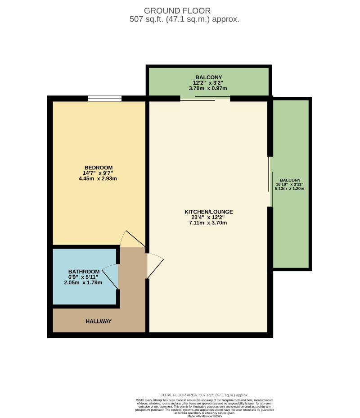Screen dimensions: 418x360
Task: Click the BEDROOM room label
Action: click(x=98, y=168)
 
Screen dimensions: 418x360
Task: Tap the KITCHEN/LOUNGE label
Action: click(x=208, y=212)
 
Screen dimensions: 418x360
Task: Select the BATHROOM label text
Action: click(x=83, y=272)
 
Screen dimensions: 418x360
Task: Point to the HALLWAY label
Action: click(x=99, y=321)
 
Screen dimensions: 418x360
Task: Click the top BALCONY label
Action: click(x=208, y=77)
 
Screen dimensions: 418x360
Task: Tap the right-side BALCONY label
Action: click(x=290, y=180)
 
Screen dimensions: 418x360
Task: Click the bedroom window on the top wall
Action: click(x=105, y=98)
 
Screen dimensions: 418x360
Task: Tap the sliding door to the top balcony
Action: click(x=205, y=99)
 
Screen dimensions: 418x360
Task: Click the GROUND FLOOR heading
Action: click(x=177, y=10)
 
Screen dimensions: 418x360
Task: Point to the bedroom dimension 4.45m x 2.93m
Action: click(x=98, y=178)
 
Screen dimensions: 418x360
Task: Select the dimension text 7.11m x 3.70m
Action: click(x=208, y=223)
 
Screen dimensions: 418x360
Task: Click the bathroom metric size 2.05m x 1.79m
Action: click(x=83, y=282)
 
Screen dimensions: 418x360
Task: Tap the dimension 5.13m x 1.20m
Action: click(x=290, y=189)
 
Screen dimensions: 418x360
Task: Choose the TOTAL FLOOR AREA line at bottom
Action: click(x=205, y=395)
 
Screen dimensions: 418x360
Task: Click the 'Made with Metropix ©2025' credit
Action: click(x=205, y=416)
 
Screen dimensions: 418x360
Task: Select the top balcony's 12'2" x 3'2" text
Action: click(x=208, y=83)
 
